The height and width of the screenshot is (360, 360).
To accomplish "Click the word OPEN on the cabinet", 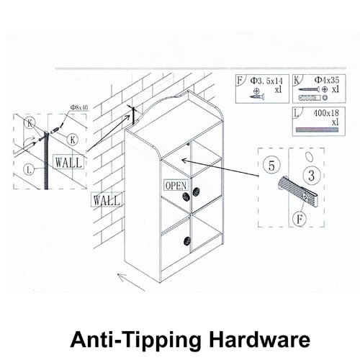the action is tap(176, 186).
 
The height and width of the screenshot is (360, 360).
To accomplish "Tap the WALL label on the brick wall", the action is tap(107, 200).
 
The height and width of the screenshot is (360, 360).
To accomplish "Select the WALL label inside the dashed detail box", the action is tap(68, 162).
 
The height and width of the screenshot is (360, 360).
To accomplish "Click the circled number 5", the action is tap(271, 166).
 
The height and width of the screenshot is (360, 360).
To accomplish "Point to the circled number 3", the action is tap(311, 175).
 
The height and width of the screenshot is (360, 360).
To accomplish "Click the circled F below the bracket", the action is tap(300, 219).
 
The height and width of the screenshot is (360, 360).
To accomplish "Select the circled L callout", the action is tap(29, 170).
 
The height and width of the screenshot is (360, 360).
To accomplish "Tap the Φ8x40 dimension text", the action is tap(79, 107).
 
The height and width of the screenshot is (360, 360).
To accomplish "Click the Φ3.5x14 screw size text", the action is tap(266, 81).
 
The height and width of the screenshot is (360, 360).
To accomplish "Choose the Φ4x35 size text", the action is tap(327, 80).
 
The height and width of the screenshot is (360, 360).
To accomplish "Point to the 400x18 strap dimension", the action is tap(326, 113).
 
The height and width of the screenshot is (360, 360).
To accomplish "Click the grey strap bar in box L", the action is tap(317, 130).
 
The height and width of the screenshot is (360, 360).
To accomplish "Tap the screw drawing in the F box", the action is tap(257, 96).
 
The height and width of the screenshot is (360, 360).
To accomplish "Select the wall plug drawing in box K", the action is tap(310, 98).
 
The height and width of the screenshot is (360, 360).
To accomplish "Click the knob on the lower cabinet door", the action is tap(187, 240).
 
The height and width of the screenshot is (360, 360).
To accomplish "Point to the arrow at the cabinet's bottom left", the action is tap(131, 282).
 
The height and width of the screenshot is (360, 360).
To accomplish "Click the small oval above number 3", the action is tap(309, 157).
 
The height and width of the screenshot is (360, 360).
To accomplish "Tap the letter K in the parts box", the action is tap(297, 81).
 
